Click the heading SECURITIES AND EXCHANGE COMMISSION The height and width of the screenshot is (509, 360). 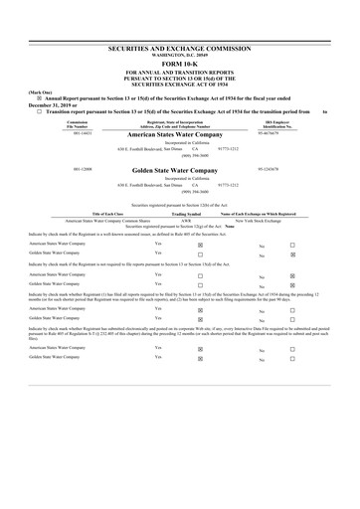click(x=180, y=48)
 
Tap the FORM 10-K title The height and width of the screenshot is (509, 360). click(x=180, y=65)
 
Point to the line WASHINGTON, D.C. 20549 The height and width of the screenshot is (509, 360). click(x=180, y=55)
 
